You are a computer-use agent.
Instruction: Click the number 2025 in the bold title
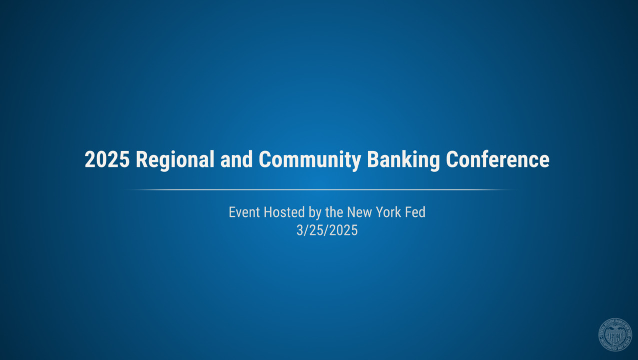(107, 160)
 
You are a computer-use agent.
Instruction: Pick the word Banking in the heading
(403, 160)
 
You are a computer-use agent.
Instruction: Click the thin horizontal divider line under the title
(320, 190)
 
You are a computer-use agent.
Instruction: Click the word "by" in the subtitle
(315, 213)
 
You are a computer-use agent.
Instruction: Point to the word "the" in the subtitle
(334, 212)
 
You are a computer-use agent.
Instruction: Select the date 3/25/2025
(327, 231)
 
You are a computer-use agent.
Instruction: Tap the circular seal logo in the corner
(615, 334)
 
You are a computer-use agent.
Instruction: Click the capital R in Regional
(141, 160)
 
